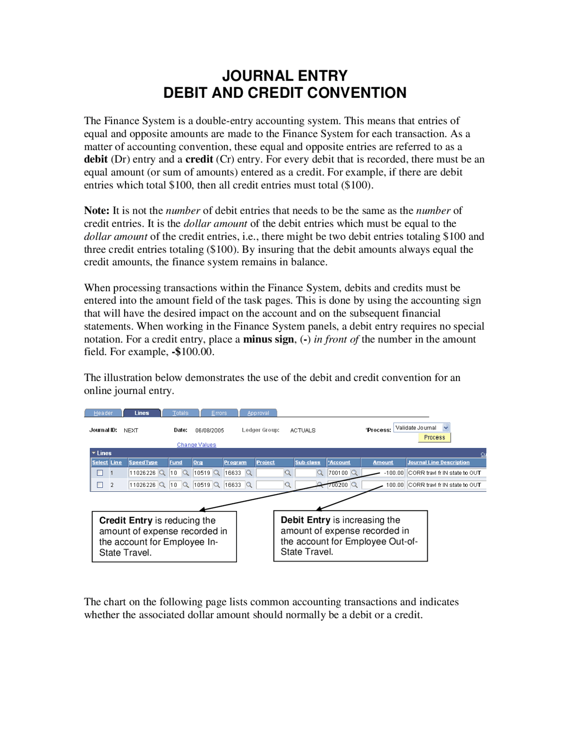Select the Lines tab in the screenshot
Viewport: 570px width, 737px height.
coord(142,413)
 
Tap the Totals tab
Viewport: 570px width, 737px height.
coord(180,413)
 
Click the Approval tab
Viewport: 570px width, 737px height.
coord(258,413)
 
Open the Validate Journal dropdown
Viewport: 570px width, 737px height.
coord(446,427)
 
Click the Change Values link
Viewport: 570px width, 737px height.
coord(196,445)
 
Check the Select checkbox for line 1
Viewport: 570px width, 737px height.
coord(100,473)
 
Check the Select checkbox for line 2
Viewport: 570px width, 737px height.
coord(100,485)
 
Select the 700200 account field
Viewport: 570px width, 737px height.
coord(338,485)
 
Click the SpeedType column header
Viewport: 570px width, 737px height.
coord(143,462)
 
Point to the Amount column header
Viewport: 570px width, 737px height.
coord(383,462)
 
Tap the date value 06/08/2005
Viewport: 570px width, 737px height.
coord(209,430)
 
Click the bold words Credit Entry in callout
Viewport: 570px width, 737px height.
coord(126,520)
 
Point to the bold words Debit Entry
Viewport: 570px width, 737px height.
coord(305,520)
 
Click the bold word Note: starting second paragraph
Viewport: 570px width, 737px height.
coord(96,211)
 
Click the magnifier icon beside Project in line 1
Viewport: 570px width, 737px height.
coord(288,473)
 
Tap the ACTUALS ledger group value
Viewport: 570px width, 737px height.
coord(302,430)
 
